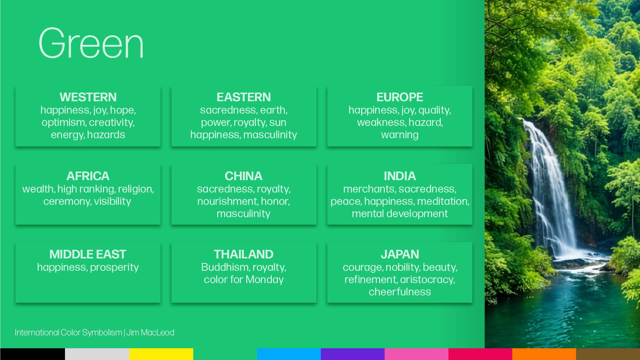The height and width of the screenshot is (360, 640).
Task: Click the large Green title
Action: pyautogui.click(x=91, y=44)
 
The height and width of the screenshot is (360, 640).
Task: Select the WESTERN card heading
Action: pyautogui.click(x=88, y=97)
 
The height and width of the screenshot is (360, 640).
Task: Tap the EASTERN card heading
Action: pyautogui.click(x=244, y=97)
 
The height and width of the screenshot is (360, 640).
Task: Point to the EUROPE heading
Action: pyautogui.click(x=399, y=97)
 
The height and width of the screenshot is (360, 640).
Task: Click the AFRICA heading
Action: pyautogui.click(x=88, y=176)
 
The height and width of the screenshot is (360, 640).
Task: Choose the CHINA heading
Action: pyautogui.click(x=244, y=176)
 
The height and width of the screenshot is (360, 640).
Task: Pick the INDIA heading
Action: pyautogui.click(x=399, y=176)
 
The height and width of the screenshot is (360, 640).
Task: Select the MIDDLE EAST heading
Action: pyautogui.click(x=88, y=254)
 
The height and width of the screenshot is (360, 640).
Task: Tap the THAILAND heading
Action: pyautogui.click(x=244, y=254)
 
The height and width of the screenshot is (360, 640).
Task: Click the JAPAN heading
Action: pyautogui.click(x=399, y=254)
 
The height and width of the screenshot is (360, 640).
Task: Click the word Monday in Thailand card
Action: pyautogui.click(x=265, y=280)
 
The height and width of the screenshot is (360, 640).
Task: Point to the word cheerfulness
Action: pyautogui.click(x=399, y=292)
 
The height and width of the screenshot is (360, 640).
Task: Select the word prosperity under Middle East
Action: pyautogui.click(x=114, y=267)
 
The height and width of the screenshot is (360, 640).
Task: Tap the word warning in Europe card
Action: pyautogui.click(x=399, y=135)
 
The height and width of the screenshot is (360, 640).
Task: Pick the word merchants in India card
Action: pyautogui.click(x=369, y=189)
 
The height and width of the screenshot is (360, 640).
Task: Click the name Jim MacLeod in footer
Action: pyautogui.click(x=150, y=333)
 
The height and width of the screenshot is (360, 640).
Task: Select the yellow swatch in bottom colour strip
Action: pyautogui.click(x=161, y=354)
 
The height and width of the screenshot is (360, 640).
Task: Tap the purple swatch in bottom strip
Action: pyautogui.click(x=352, y=354)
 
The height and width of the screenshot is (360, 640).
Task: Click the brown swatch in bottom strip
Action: pyautogui.click(x=608, y=354)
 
